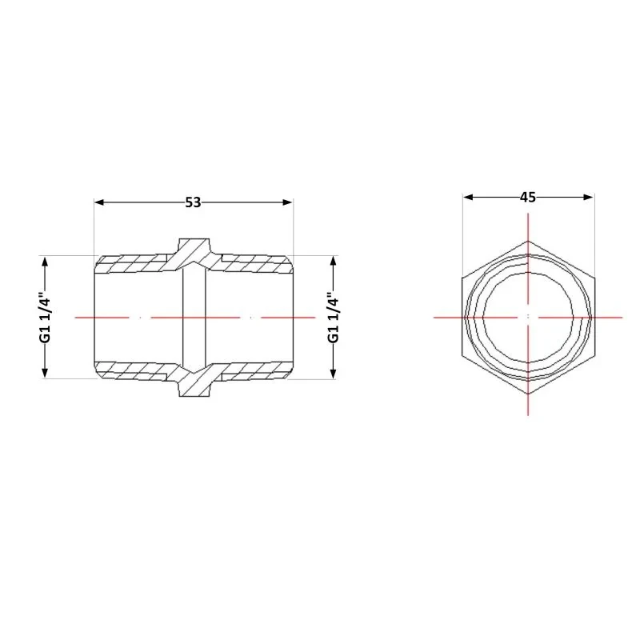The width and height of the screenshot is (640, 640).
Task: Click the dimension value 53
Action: coord(193,202)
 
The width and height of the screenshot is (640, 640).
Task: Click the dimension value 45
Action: coord(528,197)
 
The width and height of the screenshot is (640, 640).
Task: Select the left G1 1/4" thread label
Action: coord(46,317)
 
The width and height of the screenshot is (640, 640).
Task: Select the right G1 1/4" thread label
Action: coord(334,317)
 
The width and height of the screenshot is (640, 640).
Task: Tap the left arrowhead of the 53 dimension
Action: coord(99,202)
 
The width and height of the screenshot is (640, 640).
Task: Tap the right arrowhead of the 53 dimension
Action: coord(288,202)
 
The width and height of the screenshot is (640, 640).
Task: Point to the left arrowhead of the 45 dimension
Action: coord(468,197)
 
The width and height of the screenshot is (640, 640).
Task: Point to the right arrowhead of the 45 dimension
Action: coord(589,197)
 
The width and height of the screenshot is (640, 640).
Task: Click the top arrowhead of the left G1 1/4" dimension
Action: coord(45,262)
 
